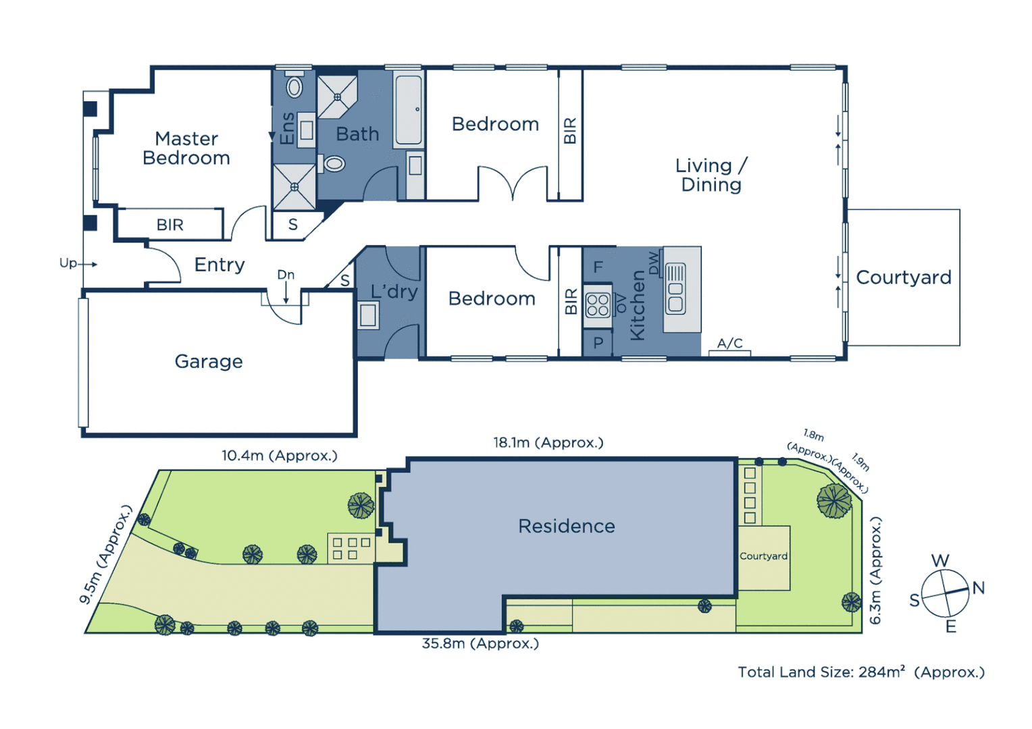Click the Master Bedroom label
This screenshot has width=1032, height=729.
coord(186,148)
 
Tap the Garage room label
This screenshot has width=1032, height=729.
coord(209,362)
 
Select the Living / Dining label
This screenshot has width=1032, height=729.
coord(711,175)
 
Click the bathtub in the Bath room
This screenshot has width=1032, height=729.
coord(409,110)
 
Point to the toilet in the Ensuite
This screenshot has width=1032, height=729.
coord(294,87)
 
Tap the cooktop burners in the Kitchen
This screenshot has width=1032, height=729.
coord(598,305)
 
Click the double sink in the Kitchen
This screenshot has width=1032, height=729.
coord(675,289)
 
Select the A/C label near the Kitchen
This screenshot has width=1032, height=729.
coord(729,344)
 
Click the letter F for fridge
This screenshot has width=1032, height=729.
coord(598,267)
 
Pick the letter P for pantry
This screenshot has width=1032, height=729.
coord(598,344)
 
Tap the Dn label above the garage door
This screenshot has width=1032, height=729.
coord(286,275)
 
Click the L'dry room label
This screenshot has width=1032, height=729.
coord(394,292)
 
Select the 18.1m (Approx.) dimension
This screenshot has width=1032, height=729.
coord(548,443)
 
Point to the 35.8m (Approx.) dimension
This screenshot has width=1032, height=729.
coord(480,644)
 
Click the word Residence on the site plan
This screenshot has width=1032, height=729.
coord(567,526)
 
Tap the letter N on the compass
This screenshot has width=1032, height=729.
coord(978,588)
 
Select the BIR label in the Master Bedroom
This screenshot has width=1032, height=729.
coord(170,225)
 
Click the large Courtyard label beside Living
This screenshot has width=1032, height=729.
coord(904,277)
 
